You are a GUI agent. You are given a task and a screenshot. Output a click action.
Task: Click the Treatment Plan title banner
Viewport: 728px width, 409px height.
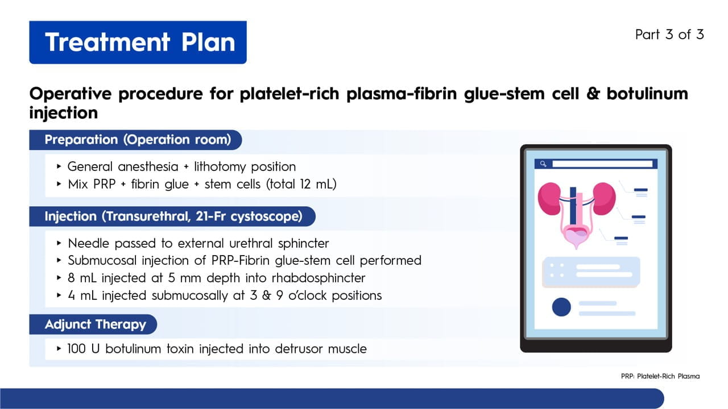point(138,42)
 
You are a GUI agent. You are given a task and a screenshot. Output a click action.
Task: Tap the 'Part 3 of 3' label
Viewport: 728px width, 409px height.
point(669,35)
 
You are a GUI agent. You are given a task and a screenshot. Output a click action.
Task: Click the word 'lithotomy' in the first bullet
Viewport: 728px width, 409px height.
point(220,167)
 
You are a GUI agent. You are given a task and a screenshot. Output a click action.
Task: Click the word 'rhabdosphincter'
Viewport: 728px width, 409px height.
point(318,278)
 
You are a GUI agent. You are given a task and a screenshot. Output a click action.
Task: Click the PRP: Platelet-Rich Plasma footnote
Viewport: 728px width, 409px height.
point(660,376)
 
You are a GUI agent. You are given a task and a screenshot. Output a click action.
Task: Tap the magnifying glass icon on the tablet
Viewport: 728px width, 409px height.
point(543,164)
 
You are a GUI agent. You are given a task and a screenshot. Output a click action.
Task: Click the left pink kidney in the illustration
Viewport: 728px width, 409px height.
point(549,199)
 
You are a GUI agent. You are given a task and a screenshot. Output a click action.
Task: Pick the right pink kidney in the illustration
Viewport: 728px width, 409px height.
point(604,199)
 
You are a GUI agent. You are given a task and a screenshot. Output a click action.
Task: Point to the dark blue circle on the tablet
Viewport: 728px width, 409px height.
point(561,307)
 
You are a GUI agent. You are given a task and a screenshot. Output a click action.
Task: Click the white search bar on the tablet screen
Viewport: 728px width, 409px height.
point(602,164)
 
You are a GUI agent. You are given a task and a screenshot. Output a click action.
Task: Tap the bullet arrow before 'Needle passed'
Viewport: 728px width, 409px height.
point(59,243)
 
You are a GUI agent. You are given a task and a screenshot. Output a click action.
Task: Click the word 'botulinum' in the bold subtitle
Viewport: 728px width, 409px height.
point(647,94)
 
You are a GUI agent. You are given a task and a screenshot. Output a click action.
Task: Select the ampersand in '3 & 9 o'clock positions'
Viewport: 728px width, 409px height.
point(267,296)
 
